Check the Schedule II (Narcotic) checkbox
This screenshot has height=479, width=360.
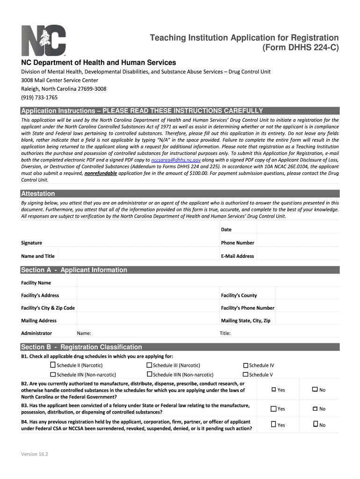point(53,365)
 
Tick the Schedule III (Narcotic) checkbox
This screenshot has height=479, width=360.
point(149,365)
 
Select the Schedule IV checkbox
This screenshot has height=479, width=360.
point(245,365)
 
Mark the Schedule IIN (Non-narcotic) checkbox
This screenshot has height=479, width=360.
point(53,374)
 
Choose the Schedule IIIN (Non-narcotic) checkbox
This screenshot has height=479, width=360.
point(149,374)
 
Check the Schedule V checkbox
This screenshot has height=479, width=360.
point(245,374)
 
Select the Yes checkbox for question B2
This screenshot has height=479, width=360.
point(274,390)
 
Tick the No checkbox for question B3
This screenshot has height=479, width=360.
point(315,408)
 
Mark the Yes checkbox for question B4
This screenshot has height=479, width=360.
point(274,424)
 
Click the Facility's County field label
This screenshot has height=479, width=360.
point(238,295)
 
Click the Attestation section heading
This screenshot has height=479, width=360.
point(38,194)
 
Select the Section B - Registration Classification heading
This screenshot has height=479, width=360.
point(81,347)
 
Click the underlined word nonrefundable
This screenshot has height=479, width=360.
point(101,173)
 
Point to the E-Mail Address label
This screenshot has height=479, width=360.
point(237,256)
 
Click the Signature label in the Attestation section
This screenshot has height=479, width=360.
point(31,243)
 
